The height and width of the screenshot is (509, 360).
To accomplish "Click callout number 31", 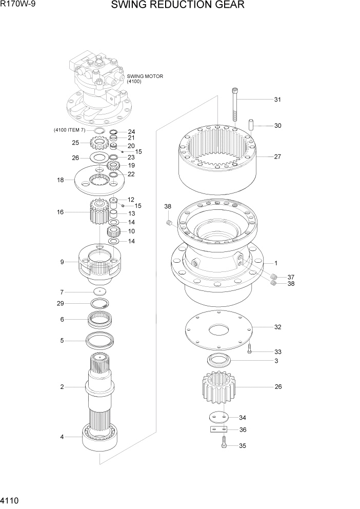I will click(x=277, y=100).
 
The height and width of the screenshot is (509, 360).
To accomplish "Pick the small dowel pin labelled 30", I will click(x=252, y=125).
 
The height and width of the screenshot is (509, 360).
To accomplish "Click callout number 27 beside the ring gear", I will click(x=277, y=157).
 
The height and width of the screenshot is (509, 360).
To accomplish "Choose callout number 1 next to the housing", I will click(x=276, y=263).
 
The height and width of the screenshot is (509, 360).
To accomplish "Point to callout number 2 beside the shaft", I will click(x=62, y=387).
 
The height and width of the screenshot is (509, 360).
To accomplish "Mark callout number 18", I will click(x=61, y=180).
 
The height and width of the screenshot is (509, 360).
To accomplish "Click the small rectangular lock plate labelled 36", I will click(x=218, y=430).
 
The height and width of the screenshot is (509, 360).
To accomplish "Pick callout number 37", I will click(x=291, y=277).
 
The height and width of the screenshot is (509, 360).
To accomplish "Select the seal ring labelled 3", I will click(x=219, y=361).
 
